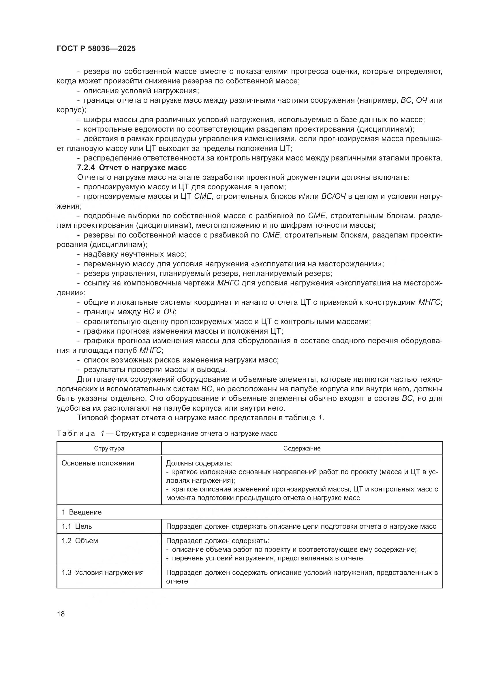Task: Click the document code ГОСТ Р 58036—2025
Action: tap(96, 48)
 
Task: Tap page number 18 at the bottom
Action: tap(61, 614)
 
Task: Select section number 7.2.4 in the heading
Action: tap(87, 168)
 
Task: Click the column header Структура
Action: tap(109, 449)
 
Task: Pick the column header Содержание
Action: tap(302, 449)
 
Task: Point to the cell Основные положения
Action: tap(97, 463)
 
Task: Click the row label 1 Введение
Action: tap(81, 512)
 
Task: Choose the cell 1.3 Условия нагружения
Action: tap(102, 572)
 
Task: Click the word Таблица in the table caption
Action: tap(76, 434)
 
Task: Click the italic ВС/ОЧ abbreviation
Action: tap(333, 197)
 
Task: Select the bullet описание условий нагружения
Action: tap(141, 91)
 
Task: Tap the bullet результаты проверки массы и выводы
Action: tap(156, 370)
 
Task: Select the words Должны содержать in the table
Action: tap(199, 463)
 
